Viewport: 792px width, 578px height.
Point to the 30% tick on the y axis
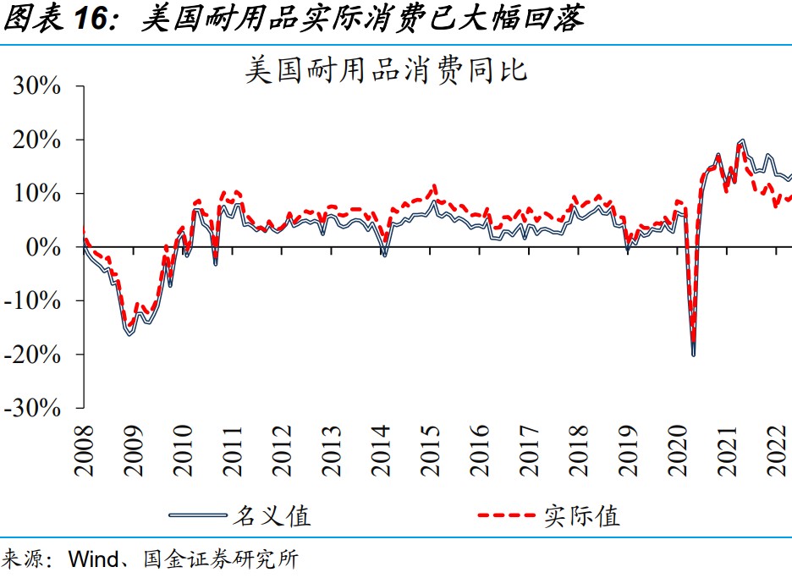pyautogui.click(x=36, y=86)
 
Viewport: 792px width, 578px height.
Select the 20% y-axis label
pyautogui.click(x=36, y=140)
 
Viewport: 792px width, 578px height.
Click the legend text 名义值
pyautogui.click(x=272, y=515)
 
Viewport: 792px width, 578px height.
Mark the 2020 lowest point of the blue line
pyautogui.click(x=694, y=354)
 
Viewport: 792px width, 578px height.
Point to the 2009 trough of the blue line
pyautogui.click(x=130, y=335)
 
